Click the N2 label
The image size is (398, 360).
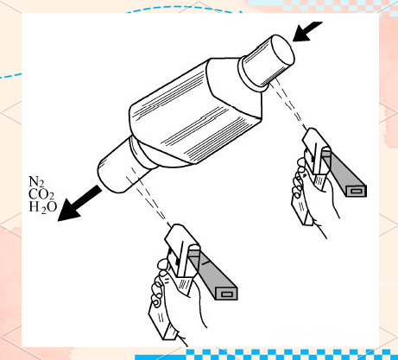[x=36, y=182]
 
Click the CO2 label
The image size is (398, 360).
[x=41, y=195]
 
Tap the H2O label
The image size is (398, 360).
[x=42, y=207]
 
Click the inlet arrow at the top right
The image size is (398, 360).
[x=307, y=31]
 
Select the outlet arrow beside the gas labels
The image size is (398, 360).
[x=79, y=204]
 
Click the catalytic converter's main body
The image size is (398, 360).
[x=196, y=112]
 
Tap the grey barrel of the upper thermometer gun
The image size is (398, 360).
[x=344, y=173]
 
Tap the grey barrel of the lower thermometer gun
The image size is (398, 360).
[x=213, y=274]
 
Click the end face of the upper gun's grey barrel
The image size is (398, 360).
[x=356, y=191]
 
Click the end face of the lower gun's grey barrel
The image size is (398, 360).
[x=227, y=294]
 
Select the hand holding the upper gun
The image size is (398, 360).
[x=313, y=196]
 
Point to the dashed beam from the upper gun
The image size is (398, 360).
[x=289, y=104]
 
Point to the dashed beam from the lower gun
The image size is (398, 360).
[x=149, y=197]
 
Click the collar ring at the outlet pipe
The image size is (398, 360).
[x=142, y=154]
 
